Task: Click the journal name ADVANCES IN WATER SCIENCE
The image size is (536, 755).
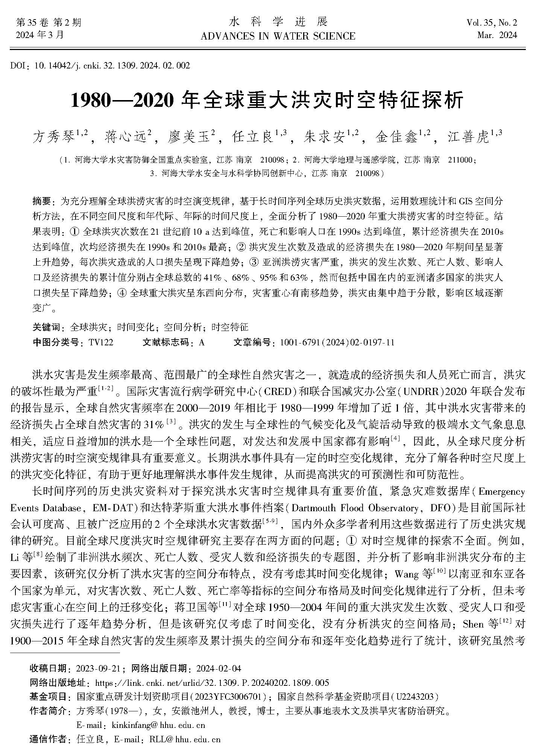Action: (278, 36)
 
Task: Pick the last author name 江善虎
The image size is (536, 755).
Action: (468, 137)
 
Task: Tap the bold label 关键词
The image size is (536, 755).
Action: (46, 327)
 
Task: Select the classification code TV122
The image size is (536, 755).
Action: (101, 342)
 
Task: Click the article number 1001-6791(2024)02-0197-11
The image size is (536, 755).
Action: (337, 342)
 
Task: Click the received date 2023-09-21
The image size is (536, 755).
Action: (98, 668)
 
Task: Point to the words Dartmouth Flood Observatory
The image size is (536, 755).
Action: (355, 508)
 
